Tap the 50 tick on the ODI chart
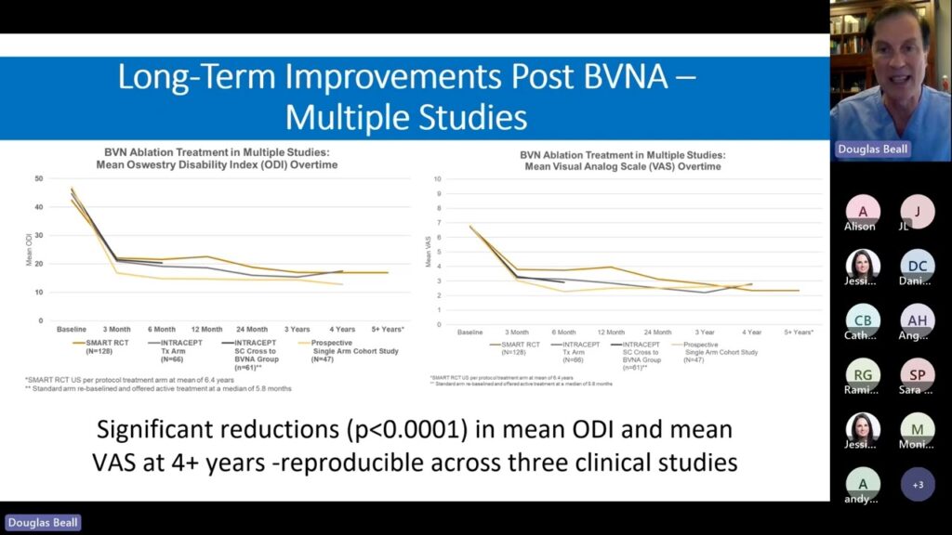[38, 178]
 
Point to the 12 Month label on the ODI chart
[206, 330]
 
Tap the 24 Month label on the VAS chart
[657, 333]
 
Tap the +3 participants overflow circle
[918, 485]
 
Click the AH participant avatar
[918, 321]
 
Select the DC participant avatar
[918, 267]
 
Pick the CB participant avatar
[862, 321]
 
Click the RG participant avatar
[862, 375]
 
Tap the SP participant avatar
[918, 375]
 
